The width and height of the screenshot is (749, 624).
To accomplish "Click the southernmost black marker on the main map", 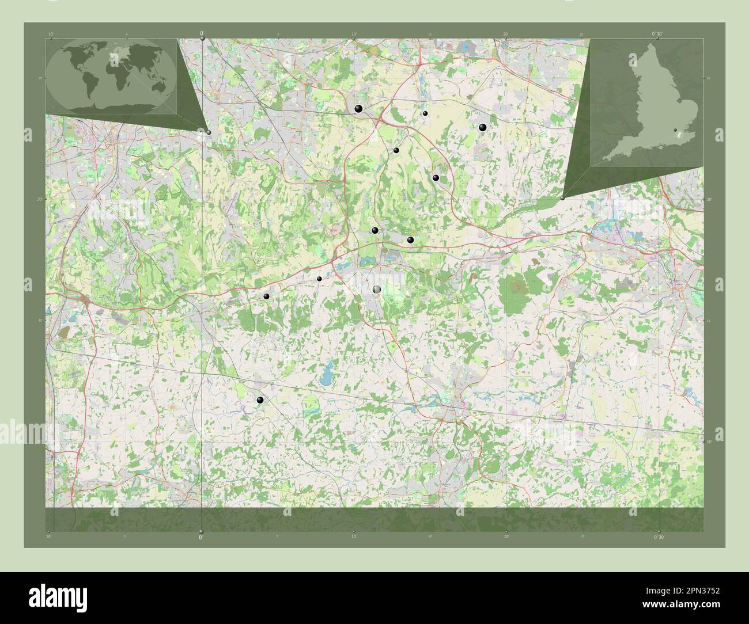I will [260, 400].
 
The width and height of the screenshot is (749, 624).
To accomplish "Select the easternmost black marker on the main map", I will [483, 127].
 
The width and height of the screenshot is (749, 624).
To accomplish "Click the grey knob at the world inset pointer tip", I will [209, 132].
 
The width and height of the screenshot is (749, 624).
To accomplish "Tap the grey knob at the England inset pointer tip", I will [562, 197].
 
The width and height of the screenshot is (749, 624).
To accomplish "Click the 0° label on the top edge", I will [201, 35].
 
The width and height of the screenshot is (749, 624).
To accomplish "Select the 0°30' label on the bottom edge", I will [658, 537].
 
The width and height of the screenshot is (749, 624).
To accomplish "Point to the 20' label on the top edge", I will [505, 35].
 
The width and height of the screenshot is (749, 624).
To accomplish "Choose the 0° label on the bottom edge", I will [201, 537].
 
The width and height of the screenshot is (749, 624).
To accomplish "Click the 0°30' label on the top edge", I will [658, 35].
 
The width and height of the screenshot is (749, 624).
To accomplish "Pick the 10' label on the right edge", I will [709, 442].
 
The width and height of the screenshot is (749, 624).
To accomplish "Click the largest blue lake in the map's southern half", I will [327, 375].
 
